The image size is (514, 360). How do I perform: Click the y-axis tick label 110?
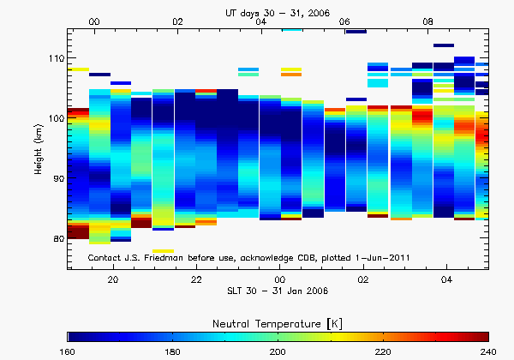tap(56, 58)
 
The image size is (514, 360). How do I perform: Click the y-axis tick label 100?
tap(56, 118)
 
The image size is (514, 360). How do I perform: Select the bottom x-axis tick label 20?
tap(112, 280)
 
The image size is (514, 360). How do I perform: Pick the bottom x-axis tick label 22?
tap(196, 280)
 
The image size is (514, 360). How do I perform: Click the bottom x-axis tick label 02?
tap(363, 280)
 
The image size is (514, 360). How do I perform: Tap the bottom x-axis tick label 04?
tap(447, 280)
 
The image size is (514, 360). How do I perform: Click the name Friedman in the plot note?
tap(158, 257)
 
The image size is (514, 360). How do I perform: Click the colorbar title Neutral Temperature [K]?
tap(278, 321)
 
